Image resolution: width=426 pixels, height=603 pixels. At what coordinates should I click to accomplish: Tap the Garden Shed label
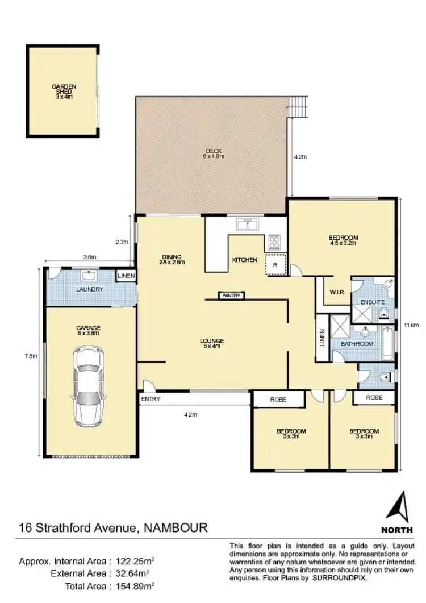(64, 92)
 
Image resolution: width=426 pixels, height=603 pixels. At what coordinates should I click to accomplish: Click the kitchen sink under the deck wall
(248, 224)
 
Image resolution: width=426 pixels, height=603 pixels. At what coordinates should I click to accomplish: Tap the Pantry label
(232, 296)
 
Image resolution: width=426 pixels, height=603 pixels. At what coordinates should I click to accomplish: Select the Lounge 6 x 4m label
(212, 343)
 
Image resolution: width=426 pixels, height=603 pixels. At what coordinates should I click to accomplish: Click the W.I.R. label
(336, 293)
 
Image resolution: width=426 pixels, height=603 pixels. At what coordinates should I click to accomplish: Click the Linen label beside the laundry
(126, 276)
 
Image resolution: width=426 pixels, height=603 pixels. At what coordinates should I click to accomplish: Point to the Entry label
(151, 400)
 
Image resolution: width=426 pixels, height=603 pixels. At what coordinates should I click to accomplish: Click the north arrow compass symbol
(400, 505)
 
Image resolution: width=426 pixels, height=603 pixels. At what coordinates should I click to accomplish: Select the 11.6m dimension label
(411, 326)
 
